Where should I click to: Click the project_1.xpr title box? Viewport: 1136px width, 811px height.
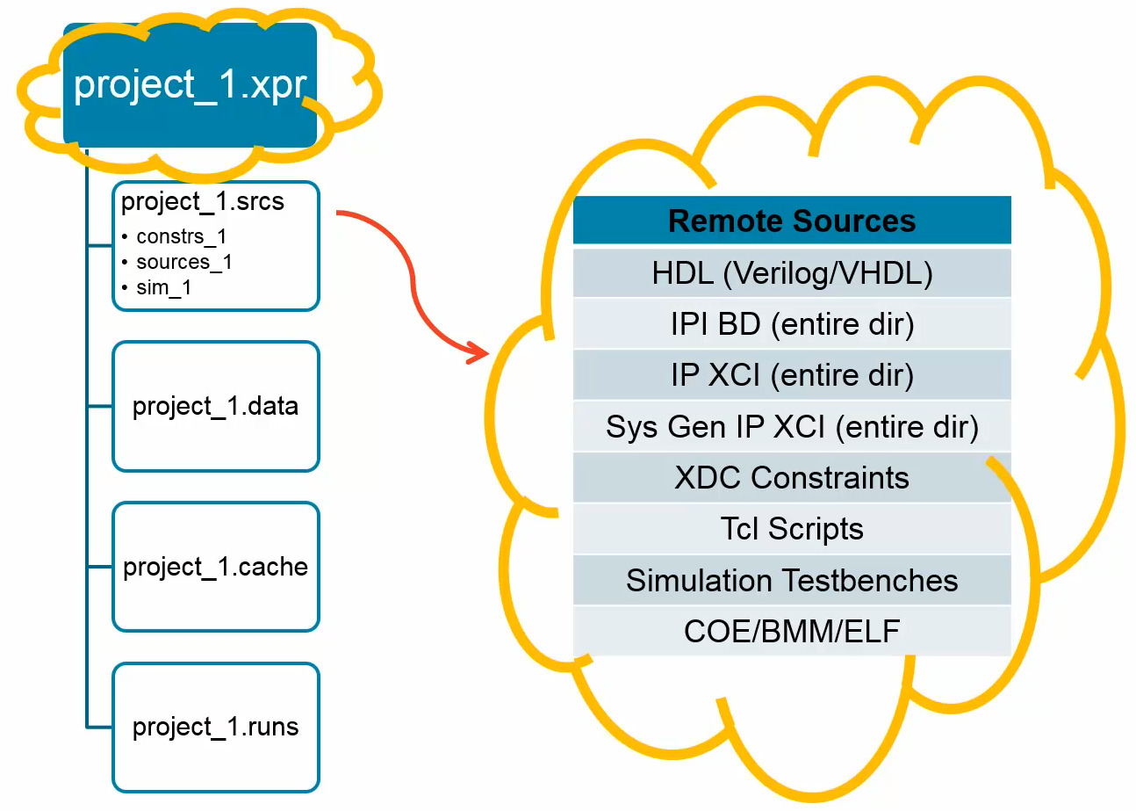[190, 85]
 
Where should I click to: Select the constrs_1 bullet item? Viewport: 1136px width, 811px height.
[182, 236]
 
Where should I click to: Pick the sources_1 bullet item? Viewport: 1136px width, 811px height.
[184, 262]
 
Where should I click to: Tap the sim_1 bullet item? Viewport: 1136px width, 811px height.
[163, 287]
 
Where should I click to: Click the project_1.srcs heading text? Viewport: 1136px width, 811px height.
[203, 202]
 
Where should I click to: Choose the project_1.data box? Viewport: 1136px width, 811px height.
[216, 407]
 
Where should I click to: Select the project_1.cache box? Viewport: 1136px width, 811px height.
[216, 567]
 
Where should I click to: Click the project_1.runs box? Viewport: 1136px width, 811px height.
[216, 728]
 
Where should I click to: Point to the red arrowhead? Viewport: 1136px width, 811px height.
[477, 353]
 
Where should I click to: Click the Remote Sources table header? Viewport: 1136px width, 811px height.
[792, 221]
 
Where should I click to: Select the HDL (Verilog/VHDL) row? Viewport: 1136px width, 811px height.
[792, 274]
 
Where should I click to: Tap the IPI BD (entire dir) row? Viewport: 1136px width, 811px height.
[792, 325]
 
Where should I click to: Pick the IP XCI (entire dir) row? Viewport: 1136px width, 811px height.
[792, 376]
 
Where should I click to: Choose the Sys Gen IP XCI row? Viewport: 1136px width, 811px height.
[792, 427]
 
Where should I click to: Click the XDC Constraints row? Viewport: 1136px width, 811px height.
[792, 478]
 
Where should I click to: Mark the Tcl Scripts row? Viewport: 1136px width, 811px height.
[792, 529]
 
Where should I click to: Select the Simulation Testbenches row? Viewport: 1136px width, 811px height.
[792, 580]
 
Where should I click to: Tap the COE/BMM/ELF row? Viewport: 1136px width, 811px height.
[792, 631]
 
